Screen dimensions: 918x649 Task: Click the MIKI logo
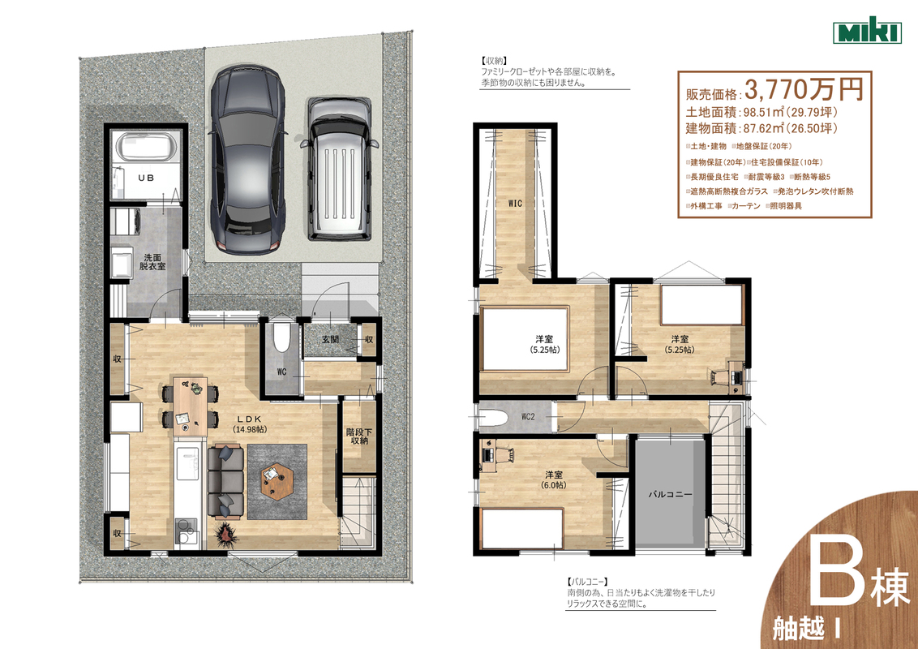(x=867, y=31)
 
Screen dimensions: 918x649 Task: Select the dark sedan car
(x=248, y=159)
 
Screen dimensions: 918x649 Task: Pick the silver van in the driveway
(x=339, y=169)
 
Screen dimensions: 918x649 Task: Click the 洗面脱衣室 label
(x=152, y=262)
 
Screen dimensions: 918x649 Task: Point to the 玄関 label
(x=330, y=339)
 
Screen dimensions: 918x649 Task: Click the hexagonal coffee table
(x=277, y=481)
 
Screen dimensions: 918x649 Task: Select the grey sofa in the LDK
(x=226, y=481)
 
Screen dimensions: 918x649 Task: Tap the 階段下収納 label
(x=359, y=436)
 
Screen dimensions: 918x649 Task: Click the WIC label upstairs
(x=515, y=204)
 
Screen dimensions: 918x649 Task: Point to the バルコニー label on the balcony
(x=670, y=494)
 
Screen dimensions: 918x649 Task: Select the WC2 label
(x=527, y=417)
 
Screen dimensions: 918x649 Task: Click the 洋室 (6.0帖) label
(x=554, y=479)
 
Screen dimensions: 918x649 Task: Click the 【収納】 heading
(x=494, y=61)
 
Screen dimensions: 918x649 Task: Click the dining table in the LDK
(x=191, y=406)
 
